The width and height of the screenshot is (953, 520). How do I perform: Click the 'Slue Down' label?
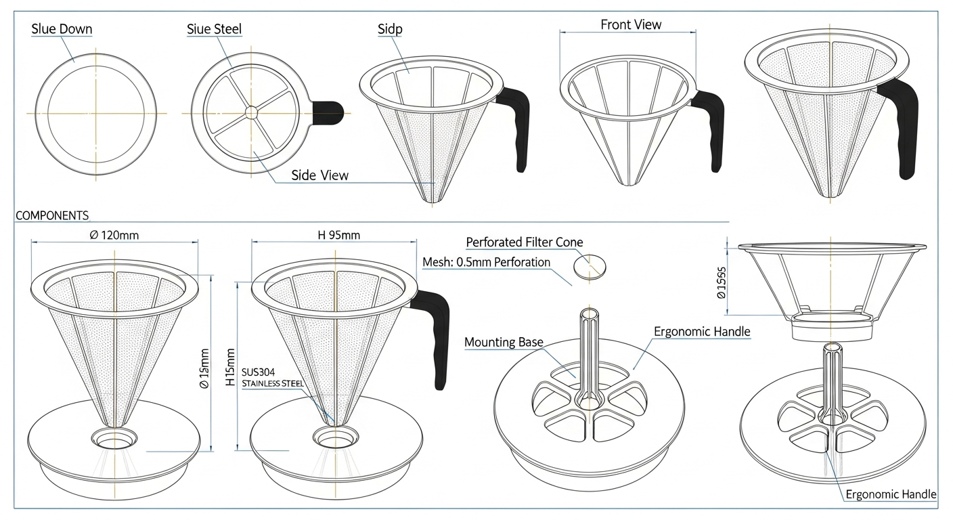point(62,29)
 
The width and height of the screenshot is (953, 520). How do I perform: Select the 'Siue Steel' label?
point(214,29)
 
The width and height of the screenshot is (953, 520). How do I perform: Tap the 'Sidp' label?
point(391,29)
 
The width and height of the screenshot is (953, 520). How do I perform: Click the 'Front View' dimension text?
point(631,25)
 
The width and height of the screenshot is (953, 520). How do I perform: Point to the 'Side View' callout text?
point(320,175)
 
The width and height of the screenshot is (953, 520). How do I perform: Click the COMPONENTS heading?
point(52,216)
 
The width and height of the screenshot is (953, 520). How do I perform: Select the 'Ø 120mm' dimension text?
point(114,236)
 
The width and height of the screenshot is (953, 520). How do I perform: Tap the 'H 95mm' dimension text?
point(338,236)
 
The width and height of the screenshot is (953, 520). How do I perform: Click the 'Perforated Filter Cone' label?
point(524,242)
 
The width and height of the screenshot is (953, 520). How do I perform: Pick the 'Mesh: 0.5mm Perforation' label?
point(486,262)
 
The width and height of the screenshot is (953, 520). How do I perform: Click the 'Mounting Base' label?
point(504,342)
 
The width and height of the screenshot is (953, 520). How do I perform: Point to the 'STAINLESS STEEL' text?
point(273,384)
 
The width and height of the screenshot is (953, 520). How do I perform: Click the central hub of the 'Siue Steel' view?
point(251,112)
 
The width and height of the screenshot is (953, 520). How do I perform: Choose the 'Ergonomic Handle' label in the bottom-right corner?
point(891,494)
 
